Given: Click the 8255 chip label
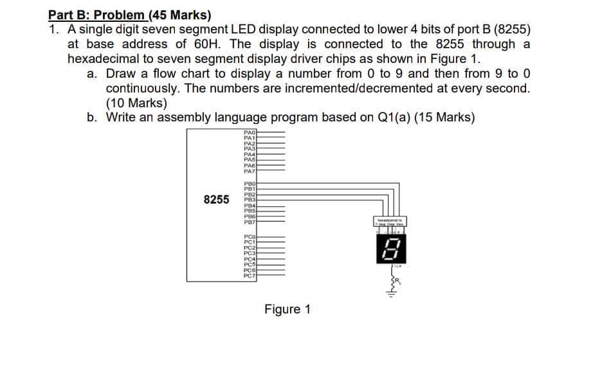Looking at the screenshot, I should pos(216,199).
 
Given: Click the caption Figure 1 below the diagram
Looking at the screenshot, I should pos(287,310).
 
